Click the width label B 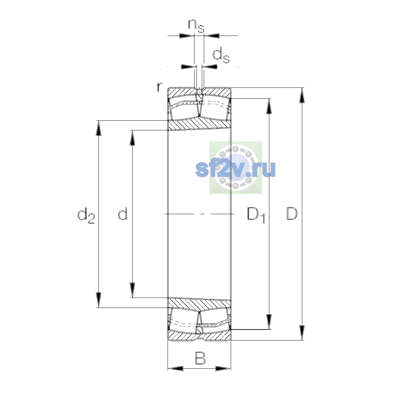tap(200, 358)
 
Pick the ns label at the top tap(196, 26)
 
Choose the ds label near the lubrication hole tap(221, 55)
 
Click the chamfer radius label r tap(160, 87)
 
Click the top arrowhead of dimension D tap(302, 95)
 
